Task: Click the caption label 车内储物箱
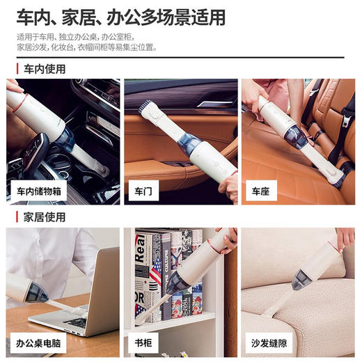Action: pyautogui.click(x=39, y=191)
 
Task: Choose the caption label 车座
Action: pyautogui.click(x=259, y=191)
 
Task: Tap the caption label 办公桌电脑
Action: pyautogui.click(x=39, y=342)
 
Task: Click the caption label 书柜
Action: pyautogui.click(x=141, y=342)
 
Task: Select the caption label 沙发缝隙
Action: pyautogui.click(x=269, y=342)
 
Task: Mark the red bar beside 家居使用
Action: pyautogui.click(x=17, y=217)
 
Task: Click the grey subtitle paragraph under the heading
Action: pyautogui.click(x=87, y=42)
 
